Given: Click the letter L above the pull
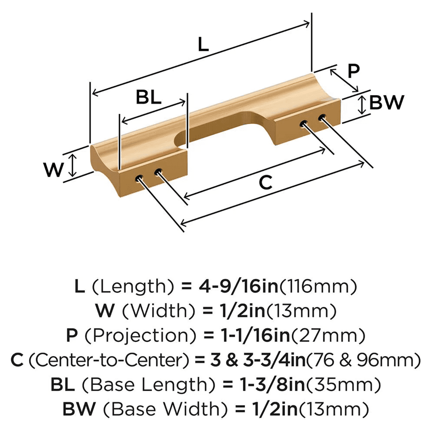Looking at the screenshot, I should tap(203, 45).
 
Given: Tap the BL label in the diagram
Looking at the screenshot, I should tap(149, 98).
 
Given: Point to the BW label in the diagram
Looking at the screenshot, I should tap(387, 103).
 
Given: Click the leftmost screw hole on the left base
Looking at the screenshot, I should tap(140, 178).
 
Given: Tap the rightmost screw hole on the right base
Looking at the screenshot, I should tap(322, 117).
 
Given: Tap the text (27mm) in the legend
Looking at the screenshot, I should tap(337, 335).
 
